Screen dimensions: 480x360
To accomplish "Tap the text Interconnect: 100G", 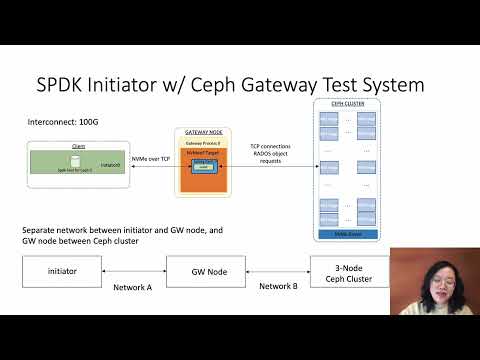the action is click(64, 122).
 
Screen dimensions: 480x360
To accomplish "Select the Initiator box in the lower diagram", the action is click(62, 271).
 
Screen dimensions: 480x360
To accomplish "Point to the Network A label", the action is click(132, 286).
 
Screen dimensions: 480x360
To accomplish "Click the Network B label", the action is click(276, 286).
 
